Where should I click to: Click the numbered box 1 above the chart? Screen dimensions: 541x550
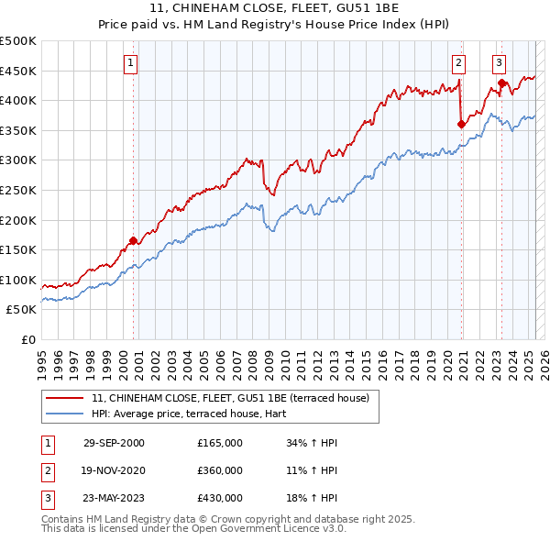(131, 63)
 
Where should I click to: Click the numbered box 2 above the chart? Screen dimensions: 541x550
(458, 63)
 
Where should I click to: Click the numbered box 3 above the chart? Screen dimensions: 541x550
(499, 63)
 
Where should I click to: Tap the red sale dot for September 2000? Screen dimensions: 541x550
(133, 241)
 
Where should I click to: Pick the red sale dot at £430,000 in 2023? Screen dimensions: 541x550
(501, 83)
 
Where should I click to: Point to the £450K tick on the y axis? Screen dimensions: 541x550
(19, 71)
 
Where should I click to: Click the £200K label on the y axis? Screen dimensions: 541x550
(19, 220)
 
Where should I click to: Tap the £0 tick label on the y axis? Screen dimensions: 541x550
(28, 339)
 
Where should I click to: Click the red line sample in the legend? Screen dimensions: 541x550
(64, 398)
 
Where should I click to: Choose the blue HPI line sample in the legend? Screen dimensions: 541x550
(64, 413)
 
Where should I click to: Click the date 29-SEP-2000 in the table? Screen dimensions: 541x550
(114, 443)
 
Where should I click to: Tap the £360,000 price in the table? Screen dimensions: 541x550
(219, 470)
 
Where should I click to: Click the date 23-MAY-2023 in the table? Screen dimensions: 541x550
(114, 498)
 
